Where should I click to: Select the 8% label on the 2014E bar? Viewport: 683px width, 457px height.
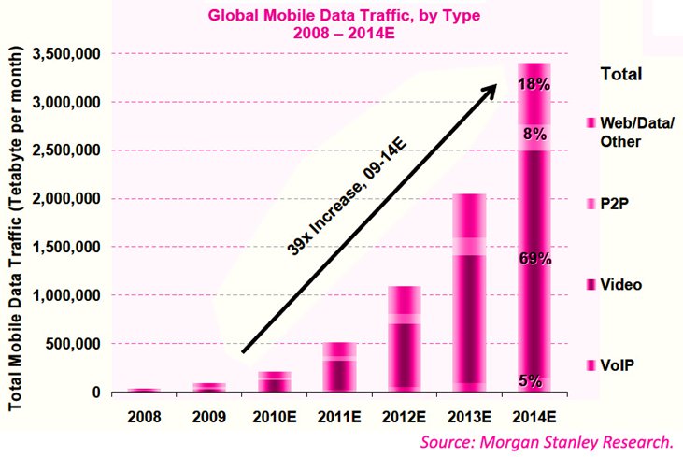click(534, 135)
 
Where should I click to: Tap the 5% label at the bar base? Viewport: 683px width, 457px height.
click(530, 380)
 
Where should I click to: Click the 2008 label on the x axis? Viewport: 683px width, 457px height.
click(143, 412)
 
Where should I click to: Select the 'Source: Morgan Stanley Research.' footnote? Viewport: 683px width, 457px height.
click(547, 441)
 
